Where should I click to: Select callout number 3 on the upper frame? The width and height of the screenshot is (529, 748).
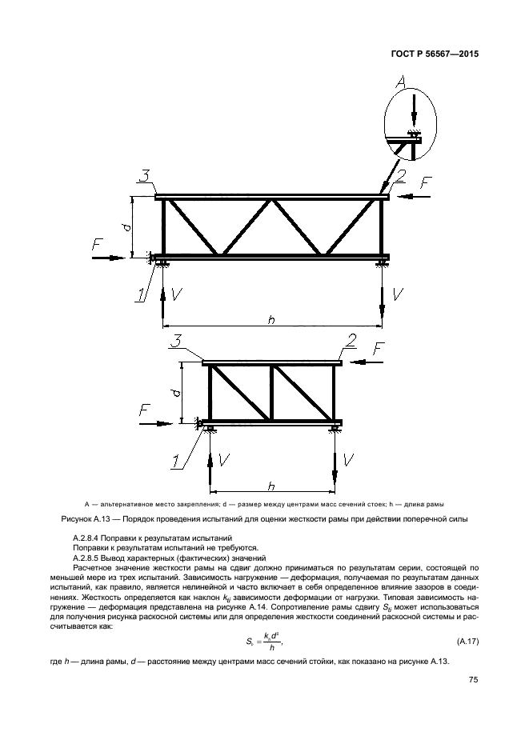click(x=143, y=177)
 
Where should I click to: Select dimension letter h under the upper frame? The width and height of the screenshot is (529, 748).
click(x=271, y=318)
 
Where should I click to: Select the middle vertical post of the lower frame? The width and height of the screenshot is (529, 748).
click(x=272, y=394)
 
